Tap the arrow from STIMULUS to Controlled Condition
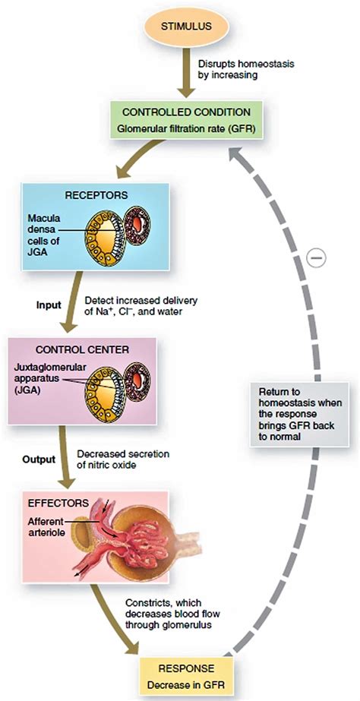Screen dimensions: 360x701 tap(186, 71)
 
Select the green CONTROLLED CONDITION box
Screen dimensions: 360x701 tap(187, 119)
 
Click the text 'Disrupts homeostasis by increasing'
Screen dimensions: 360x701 tap(246, 69)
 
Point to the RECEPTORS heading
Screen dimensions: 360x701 tap(96, 195)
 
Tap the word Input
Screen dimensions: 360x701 tap(49, 306)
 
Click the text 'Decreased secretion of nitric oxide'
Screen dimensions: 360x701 tap(124, 459)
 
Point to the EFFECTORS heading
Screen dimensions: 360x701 tap(58, 503)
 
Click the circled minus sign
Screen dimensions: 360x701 tap(317, 258)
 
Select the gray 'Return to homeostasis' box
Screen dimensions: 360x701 tap(299, 414)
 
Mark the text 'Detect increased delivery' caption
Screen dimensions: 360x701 tap(137, 301)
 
